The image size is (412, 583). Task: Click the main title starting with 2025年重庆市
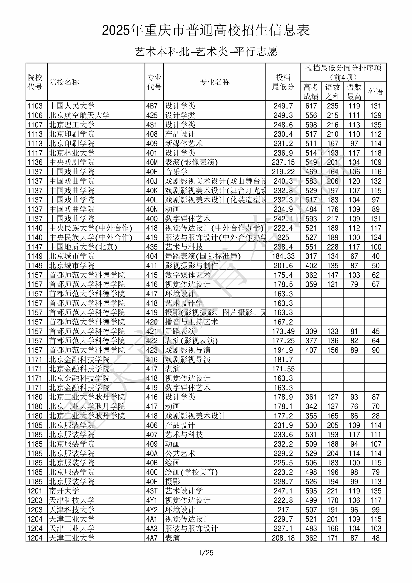click(206, 30)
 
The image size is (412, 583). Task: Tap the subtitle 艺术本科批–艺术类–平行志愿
click(206, 51)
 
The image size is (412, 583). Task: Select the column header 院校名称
click(64, 82)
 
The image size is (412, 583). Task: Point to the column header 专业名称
click(215, 82)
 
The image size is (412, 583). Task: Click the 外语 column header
click(376, 92)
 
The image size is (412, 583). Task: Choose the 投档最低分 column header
click(283, 82)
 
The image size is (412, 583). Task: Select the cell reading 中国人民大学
click(72, 106)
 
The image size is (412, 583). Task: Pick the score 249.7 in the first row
click(283, 106)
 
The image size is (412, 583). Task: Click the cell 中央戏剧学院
click(72, 162)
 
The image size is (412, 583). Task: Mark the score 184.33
click(283, 256)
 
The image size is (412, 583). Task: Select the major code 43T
click(152, 491)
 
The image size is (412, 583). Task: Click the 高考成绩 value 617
click(311, 106)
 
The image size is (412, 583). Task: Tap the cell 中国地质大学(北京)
click(83, 247)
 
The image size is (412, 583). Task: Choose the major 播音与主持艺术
click(192, 322)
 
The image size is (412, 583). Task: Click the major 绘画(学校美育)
click(192, 472)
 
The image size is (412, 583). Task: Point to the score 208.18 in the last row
click(283, 538)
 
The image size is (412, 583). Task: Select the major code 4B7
click(152, 106)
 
